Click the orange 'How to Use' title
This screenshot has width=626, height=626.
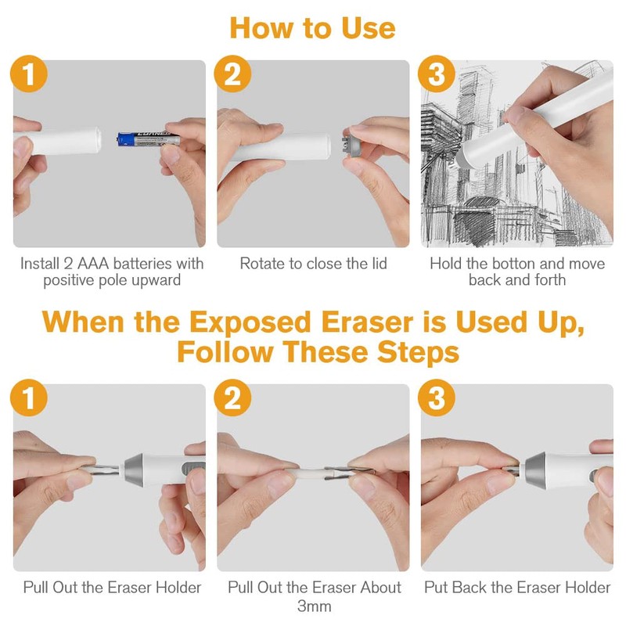(312, 28)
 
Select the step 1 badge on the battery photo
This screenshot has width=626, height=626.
(30, 76)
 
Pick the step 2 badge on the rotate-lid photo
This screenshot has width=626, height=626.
(233, 76)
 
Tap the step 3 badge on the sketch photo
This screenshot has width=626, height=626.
(437, 76)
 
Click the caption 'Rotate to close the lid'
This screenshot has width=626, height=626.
(313, 263)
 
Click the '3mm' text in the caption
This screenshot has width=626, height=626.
(314, 606)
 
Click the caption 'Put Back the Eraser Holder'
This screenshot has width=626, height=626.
(517, 587)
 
